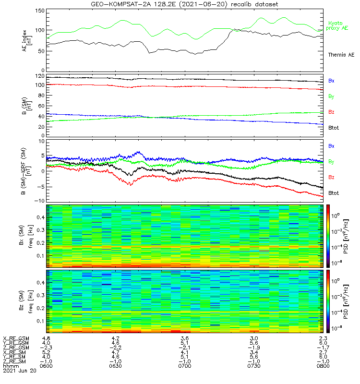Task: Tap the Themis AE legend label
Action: click(x=341, y=55)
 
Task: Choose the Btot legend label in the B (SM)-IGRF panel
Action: click(x=334, y=193)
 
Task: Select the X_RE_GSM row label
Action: click(x=15, y=338)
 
